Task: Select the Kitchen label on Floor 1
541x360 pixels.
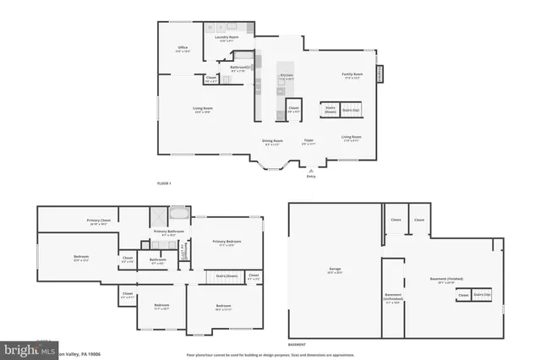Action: (287, 76)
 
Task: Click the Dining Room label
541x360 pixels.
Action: (272, 142)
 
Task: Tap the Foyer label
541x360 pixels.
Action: (309, 142)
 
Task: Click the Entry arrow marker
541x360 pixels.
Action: (311, 171)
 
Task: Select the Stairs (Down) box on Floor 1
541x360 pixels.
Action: (330, 110)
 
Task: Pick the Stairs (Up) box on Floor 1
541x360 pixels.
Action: (351, 110)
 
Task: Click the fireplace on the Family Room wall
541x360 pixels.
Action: (379, 75)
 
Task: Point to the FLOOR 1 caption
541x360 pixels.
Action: (164, 183)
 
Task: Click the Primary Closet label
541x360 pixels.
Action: (99, 221)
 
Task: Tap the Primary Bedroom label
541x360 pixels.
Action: (226, 243)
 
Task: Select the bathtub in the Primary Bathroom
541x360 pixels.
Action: (179, 214)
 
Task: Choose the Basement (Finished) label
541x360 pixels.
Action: (440, 282)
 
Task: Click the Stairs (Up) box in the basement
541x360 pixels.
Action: (481, 294)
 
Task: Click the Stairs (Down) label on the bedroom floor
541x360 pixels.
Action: (226, 276)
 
